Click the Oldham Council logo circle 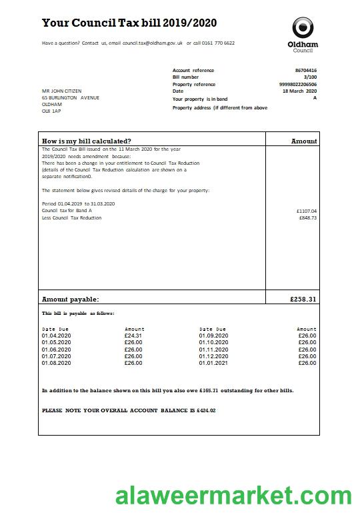point(302,28)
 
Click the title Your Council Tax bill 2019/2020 point(129,23)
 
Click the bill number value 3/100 point(310,77)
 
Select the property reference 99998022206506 point(298,85)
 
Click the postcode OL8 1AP point(51,111)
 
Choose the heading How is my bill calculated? point(87,141)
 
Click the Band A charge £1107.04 point(307,211)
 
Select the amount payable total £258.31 point(303,300)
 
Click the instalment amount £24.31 point(133,336)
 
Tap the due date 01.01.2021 point(213,363)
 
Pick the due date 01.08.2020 point(56,363)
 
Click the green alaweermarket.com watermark point(233,496)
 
